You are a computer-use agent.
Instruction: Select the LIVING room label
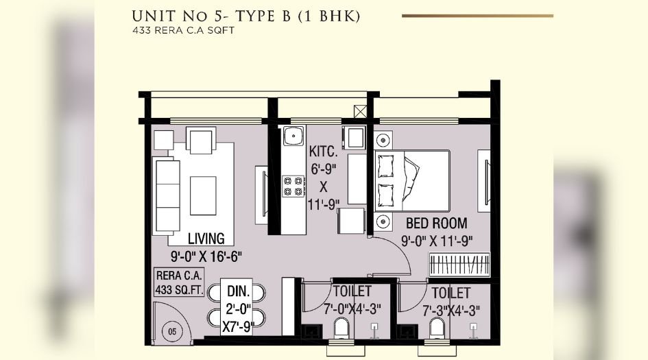pyautogui.click(x=206, y=239)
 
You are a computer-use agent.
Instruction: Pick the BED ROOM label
pyautogui.click(x=437, y=224)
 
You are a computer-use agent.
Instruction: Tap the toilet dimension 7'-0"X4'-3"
pyautogui.click(x=352, y=309)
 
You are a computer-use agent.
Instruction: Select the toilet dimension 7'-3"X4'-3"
pyautogui.click(x=451, y=309)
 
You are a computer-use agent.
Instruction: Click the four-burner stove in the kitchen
pyautogui.click(x=294, y=185)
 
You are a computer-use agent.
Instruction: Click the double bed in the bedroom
pyautogui.click(x=411, y=181)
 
